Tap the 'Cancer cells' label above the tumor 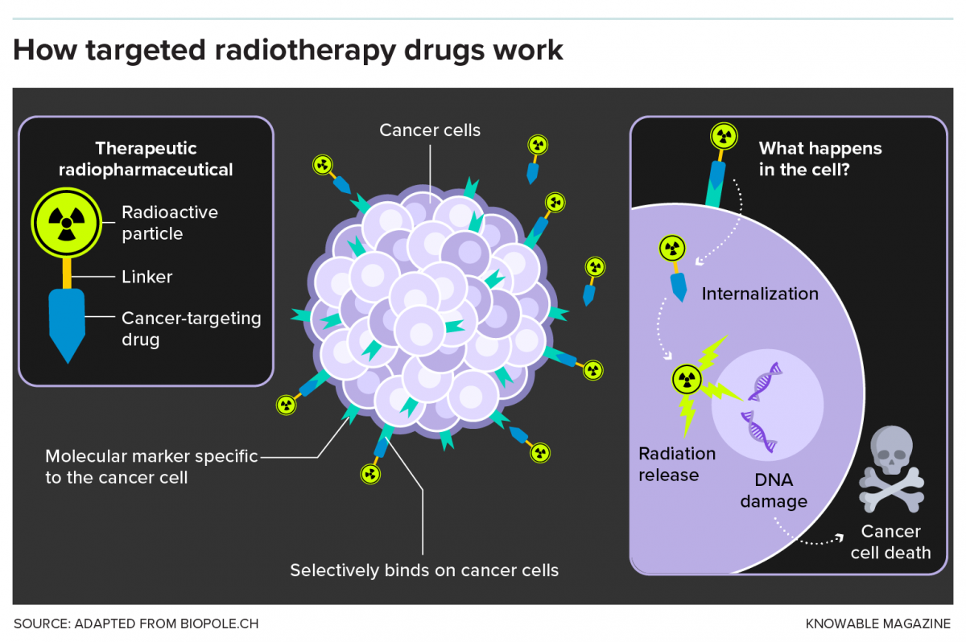click(x=430, y=130)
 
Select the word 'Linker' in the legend click(x=147, y=277)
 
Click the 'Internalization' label click(x=759, y=294)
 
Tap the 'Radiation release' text click(x=676, y=464)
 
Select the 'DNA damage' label click(x=774, y=491)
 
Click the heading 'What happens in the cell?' click(x=820, y=159)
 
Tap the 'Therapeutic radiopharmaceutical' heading click(x=146, y=159)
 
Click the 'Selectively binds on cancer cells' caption click(x=424, y=570)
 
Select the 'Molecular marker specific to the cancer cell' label click(x=151, y=467)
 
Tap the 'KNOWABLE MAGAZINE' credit click(x=877, y=623)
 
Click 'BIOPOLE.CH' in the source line click(x=219, y=623)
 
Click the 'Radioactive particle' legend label click(x=169, y=223)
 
